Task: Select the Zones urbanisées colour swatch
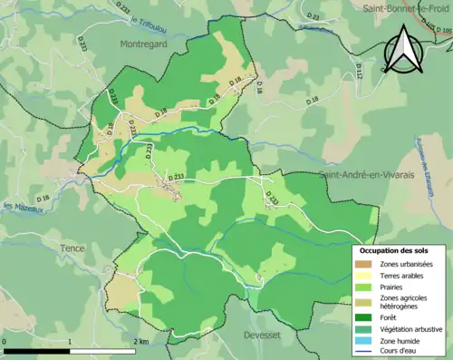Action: [x=364, y=264]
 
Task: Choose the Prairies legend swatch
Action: [x=364, y=287]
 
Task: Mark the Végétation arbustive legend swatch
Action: [x=364, y=328]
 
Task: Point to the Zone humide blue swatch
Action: [x=364, y=339]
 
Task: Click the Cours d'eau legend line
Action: [x=364, y=350]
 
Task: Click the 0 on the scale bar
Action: [x=5, y=341]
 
